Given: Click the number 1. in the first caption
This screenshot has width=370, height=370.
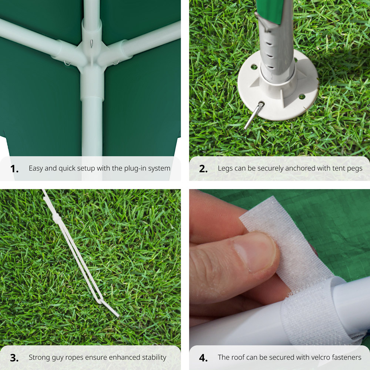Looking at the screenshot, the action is [14, 169].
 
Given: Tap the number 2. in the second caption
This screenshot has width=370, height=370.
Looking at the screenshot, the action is [203, 169].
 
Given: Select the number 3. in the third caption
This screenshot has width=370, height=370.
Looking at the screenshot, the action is [14, 358].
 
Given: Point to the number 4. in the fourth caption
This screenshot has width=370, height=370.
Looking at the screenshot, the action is [203, 358].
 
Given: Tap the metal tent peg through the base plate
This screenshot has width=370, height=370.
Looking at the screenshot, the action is [254, 115].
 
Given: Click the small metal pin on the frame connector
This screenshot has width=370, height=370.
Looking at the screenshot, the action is [91, 43].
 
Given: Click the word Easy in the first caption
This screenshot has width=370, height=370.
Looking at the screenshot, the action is [36, 169].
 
